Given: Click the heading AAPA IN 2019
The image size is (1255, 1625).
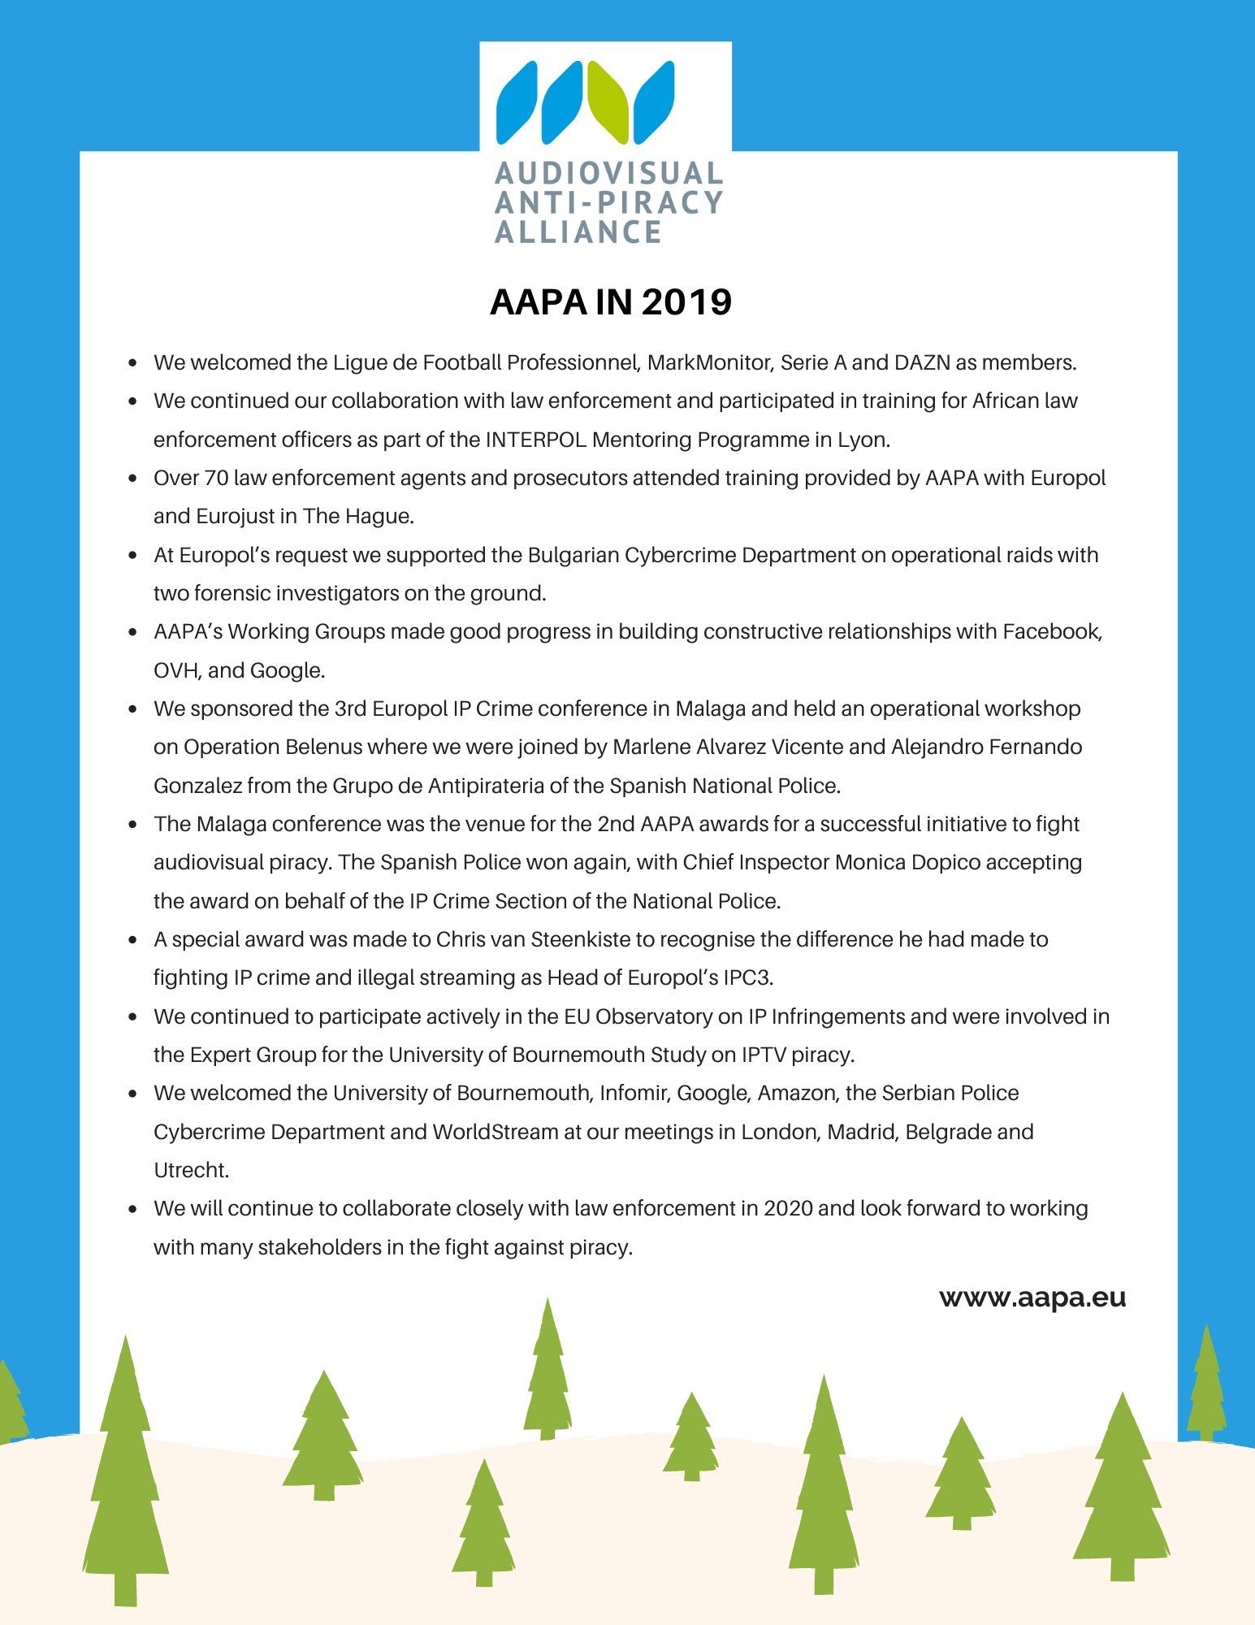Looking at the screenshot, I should [x=611, y=302].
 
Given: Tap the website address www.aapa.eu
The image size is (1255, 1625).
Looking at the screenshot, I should [x=1032, y=1297].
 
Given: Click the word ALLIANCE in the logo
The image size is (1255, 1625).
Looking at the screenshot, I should [x=578, y=232].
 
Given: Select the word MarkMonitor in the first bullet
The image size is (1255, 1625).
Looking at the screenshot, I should [x=708, y=362].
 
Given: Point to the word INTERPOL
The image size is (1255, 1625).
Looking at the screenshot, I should [x=536, y=440].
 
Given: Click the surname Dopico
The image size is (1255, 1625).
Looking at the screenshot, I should [x=946, y=862].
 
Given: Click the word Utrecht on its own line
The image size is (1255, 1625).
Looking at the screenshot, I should [x=191, y=1170].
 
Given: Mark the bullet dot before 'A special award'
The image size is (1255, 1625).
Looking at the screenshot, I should [x=132, y=940].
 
